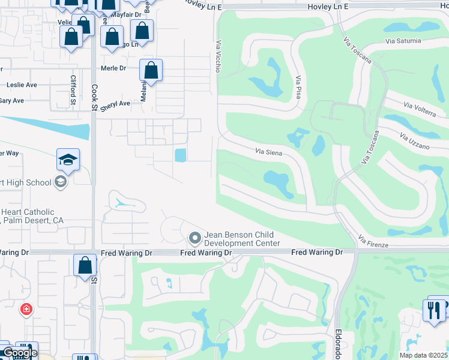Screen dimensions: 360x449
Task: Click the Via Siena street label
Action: [268, 151]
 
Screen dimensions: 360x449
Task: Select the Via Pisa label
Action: [298, 87]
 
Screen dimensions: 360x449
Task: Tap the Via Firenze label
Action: [373, 242]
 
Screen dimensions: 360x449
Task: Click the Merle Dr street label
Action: [113, 68]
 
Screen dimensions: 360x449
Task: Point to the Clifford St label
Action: [73, 89]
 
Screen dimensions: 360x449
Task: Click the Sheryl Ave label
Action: [115, 104]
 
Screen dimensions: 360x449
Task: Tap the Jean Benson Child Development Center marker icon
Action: [194, 238]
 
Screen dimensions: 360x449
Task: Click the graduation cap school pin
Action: [68, 160]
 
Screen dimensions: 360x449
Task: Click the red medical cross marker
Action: [26, 310]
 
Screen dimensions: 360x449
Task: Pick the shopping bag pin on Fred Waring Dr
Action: [85, 265]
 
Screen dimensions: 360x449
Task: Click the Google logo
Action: [19, 353]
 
